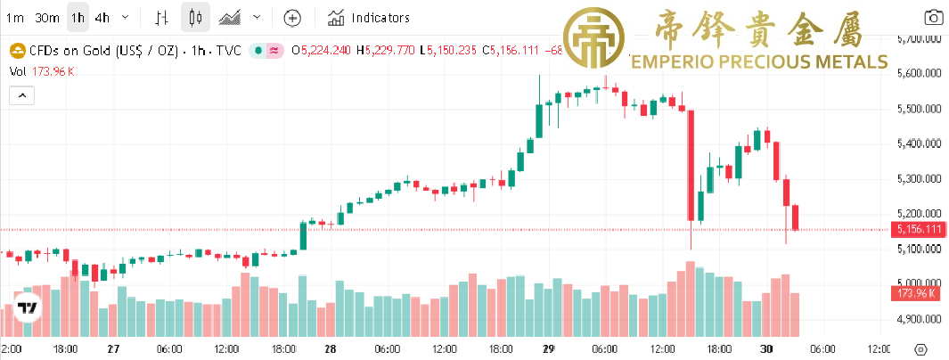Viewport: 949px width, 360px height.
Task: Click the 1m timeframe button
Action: (15, 17)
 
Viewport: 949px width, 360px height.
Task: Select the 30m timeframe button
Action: (46, 17)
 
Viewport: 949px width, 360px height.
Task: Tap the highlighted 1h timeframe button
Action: (78, 17)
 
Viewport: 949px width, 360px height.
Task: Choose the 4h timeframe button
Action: (102, 17)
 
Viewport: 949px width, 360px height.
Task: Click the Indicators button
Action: (369, 17)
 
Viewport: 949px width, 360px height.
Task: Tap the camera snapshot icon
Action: (933, 17)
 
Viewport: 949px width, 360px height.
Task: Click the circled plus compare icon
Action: (293, 17)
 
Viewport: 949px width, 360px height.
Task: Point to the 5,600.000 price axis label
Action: (919, 74)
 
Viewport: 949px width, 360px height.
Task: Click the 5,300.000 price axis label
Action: (919, 179)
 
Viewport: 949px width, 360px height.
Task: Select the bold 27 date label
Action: (112, 349)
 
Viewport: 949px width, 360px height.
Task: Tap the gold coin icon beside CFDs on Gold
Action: (14, 50)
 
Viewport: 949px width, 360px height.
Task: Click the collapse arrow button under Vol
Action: (20, 94)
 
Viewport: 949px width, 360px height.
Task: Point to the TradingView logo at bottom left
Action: (28, 308)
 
